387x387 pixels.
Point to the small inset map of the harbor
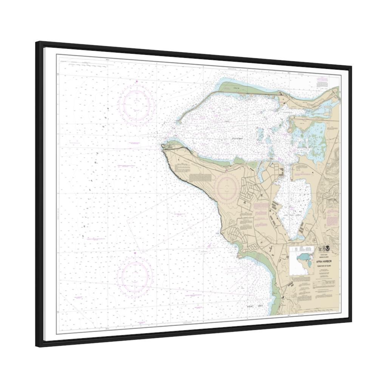pos(302,261)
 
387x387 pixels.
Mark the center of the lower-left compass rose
pos(135,275)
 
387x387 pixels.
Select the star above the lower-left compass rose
pos(135,252)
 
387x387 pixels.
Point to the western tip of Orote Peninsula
pos(163,146)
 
